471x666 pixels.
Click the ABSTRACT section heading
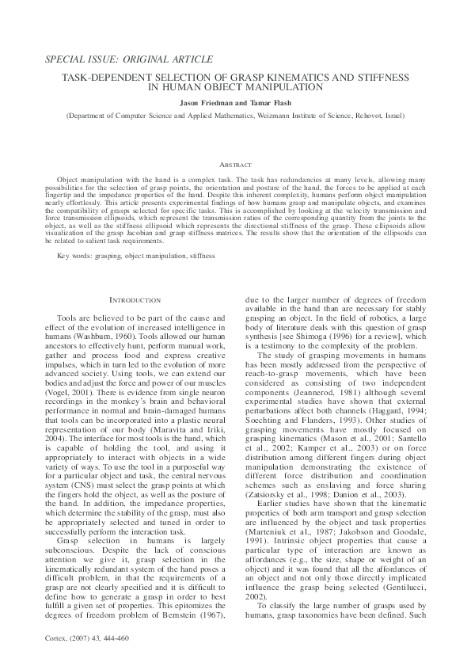(x=235, y=165)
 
